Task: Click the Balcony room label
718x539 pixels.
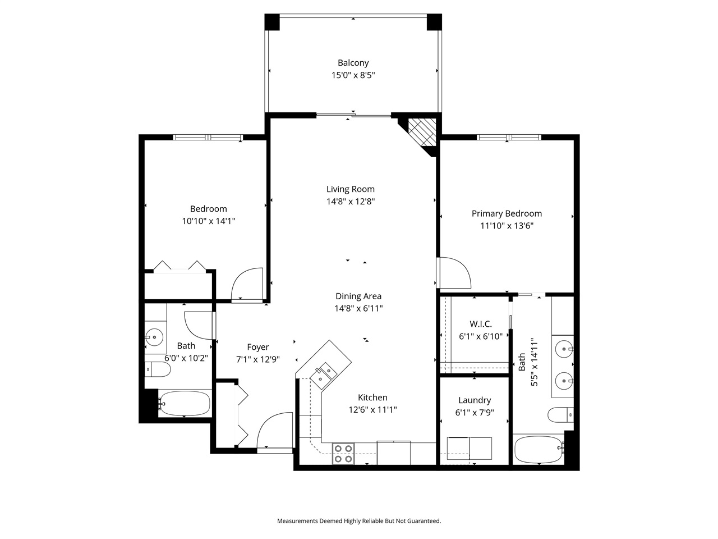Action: point(353,62)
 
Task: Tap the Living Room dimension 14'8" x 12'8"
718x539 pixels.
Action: point(351,202)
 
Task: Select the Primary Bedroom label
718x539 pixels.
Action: point(507,214)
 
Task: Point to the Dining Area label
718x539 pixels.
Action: point(358,296)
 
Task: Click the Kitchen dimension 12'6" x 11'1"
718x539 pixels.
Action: point(372,410)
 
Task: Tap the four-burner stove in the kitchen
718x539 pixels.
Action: point(343,454)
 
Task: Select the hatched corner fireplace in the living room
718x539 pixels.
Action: point(422,132)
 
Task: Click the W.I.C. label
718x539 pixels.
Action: point(481,324)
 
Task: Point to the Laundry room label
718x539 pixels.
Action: point(475,400)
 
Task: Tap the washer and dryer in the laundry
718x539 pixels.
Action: point(470,448)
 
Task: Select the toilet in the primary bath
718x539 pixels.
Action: point(561,415)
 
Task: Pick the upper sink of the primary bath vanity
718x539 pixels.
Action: point(564,349)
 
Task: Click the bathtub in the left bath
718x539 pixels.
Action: point(185,403)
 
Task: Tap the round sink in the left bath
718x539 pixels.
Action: point(154,337)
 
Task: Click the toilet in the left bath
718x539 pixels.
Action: point(158,369)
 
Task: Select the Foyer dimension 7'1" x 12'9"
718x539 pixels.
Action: point(258,360)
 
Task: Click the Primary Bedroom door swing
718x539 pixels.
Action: point(455,273)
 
